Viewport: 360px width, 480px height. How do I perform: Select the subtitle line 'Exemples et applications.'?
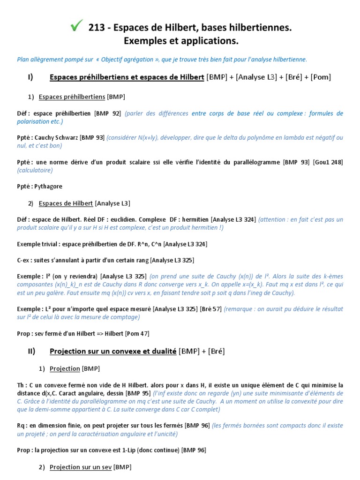[x=181, y=42]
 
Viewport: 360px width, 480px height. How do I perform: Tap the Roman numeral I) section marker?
[x=30, y=77]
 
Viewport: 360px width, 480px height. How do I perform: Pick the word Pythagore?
[x=48, y=186]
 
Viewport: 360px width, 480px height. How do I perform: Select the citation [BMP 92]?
[x=108, y=113]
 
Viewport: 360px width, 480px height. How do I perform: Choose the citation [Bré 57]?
[x=211, y=309]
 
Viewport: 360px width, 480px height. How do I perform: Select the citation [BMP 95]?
[x=139, y=393]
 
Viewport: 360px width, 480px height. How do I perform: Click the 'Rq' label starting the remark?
[x=22, y=426]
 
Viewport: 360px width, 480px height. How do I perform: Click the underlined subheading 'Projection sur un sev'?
[x=81, y=467]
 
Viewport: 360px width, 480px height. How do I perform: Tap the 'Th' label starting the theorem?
[x=22, y=385]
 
